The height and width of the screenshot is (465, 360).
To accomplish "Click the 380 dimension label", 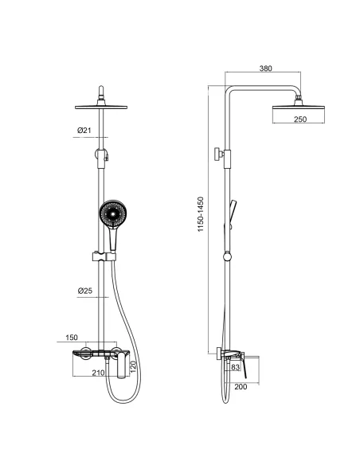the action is pos(265,68).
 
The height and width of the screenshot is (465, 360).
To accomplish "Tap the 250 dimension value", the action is pos(300,119).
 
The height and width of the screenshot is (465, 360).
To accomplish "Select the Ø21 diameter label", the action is pos(84,131).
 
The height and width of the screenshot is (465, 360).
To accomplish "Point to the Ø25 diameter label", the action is pos(84,291).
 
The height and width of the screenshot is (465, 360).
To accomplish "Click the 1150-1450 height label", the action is pos(201,214).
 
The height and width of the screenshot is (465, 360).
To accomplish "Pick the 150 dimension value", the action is pos(72,338).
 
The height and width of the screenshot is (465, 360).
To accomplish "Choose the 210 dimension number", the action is pos(98,373).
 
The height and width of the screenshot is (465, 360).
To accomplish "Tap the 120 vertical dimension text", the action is pos(133,367).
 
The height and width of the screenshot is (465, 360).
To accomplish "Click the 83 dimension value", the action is pos(235,367).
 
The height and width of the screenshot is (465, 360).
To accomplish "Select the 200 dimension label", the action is pos(241,387).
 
